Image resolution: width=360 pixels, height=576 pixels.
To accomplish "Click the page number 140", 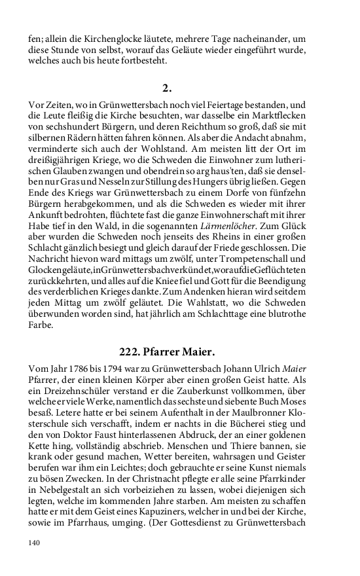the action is (34, 543).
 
